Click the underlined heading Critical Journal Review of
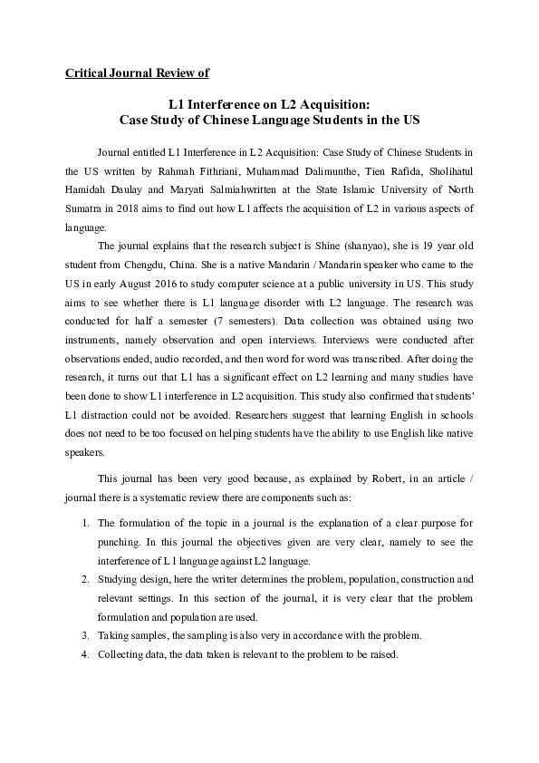coord(137,72)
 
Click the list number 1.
coord(83,524)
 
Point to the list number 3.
coord(83,635)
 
